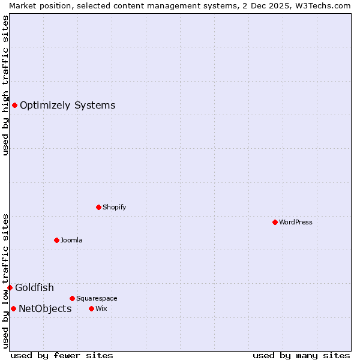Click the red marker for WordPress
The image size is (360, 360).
[275, 222]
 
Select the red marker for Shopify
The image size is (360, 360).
[98, 207]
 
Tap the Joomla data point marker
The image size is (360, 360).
[56, 240]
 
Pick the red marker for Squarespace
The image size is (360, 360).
[72, 298]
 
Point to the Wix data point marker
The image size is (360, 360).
[91, 308]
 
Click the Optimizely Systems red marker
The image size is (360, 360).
[14, 106]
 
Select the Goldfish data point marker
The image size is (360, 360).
[10, 288]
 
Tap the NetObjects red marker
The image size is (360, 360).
[13, 309]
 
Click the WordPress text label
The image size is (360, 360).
[296, 222]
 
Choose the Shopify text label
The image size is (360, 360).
[114, 207]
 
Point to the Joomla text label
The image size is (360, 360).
[71, 240]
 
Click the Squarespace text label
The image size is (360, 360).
[97, 298]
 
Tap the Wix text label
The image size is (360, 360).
[101, 308]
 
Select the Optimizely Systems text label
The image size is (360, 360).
[68, 106]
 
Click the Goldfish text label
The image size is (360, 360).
[34, 288]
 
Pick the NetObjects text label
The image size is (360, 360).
[45, 309]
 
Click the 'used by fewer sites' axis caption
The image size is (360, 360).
[62, 355]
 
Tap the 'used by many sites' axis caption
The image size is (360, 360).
[301, 355]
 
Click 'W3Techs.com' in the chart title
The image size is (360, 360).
[326, 5]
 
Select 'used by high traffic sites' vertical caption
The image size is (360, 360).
[5, 85]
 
